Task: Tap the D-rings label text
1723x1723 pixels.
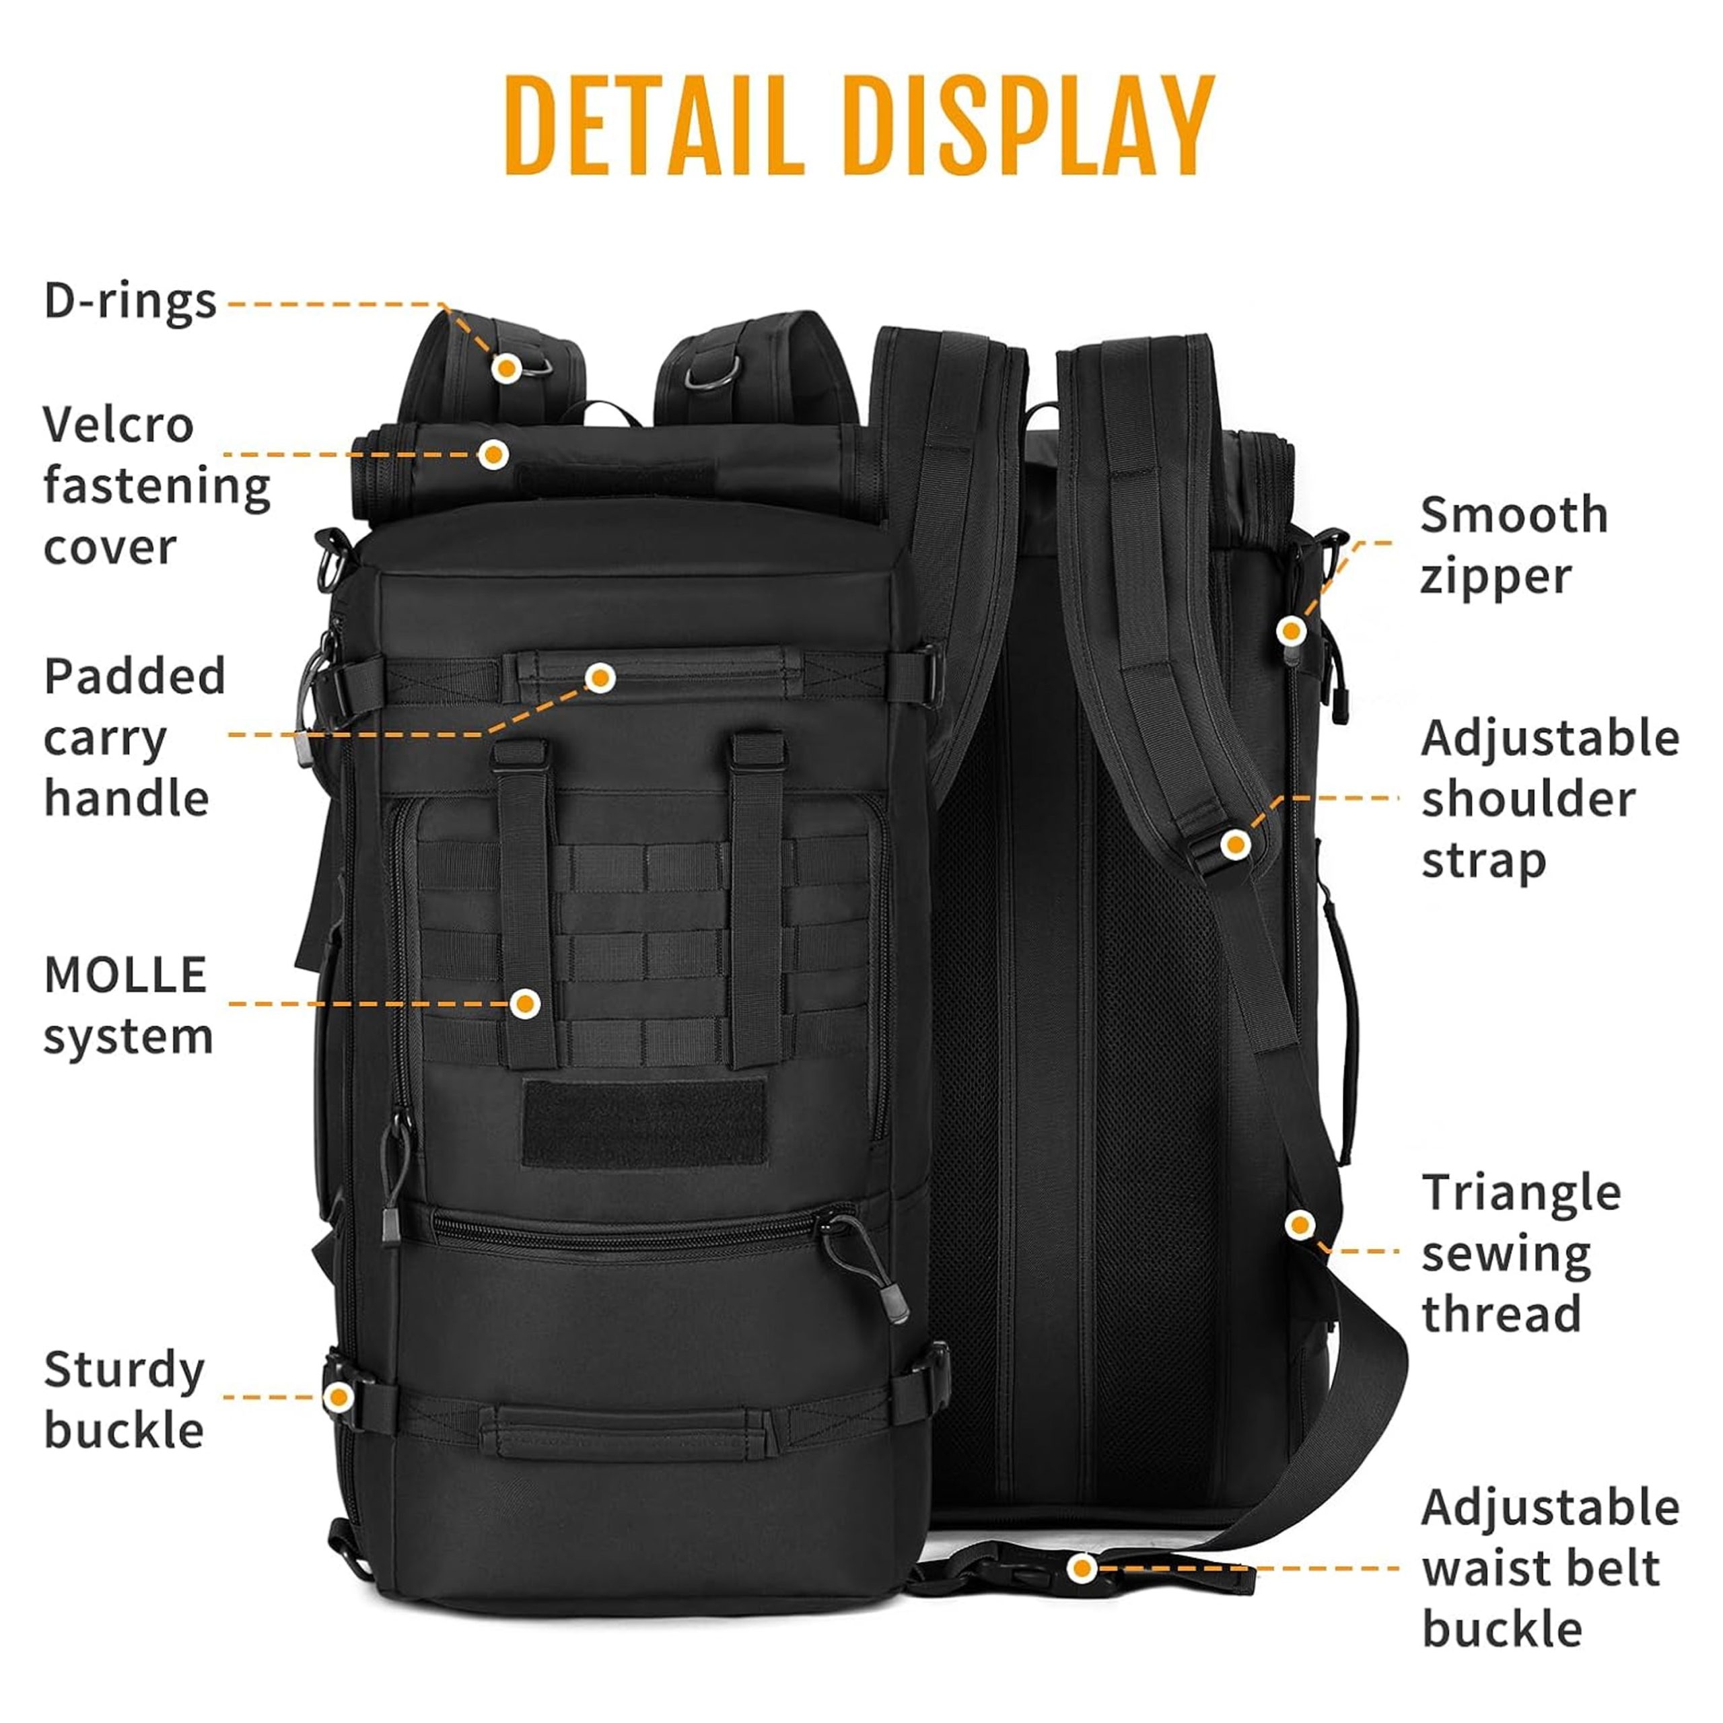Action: (x=130, y=302)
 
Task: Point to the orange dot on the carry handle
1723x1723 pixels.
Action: (x=600, y=678)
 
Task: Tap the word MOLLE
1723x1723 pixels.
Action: (x=125, y=975)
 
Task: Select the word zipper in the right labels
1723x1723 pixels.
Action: (x=1496, y=576)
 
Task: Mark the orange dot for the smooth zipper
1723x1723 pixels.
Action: (x=1290, y=631)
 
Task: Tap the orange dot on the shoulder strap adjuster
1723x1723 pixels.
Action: (x=1235, y=843)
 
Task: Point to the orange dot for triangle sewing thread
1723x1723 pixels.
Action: (x=1300, y=1224)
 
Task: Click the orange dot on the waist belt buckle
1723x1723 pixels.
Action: (x=1082, y=1568)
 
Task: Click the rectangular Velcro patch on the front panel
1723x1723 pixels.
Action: (x=644, y=1124)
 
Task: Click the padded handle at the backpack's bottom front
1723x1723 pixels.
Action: (x=625, y=1432)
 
